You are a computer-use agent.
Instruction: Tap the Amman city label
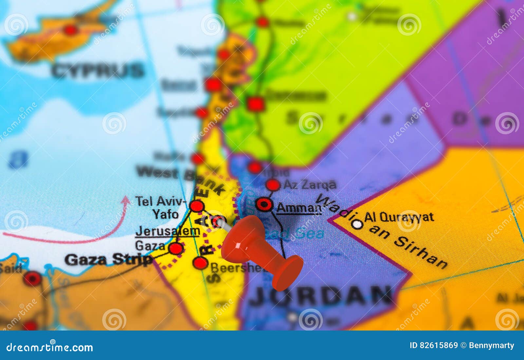click(x=299, y=208)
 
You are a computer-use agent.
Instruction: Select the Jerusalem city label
click(x=168, y=231)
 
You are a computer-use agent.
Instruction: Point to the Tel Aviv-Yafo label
click(x=160, y=207)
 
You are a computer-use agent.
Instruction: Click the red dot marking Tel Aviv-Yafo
click(x=197, y=206)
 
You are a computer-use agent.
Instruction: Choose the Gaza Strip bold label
click(x=108, y=259)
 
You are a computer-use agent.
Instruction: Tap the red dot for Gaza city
click(x=176, y=249)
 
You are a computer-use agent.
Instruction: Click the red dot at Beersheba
click(x=200, y=263)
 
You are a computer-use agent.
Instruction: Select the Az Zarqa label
click(x=310, y=185)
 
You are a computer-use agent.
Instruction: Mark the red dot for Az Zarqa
click(x=273, y=185)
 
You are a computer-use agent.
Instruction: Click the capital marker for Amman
click(x=264, y=205)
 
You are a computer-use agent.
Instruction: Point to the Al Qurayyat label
click(x=399, y=217)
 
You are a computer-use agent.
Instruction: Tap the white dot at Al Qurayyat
click(x=358, y=225)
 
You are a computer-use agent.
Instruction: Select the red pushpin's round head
click(x=287, y=273)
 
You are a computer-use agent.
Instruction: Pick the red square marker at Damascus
click(x=255, y=104)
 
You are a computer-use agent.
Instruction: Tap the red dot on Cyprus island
click(x=70, y=30)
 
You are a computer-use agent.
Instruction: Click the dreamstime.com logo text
click(x=50, y=347)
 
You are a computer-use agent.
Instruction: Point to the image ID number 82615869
click(x=434, y=346)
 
